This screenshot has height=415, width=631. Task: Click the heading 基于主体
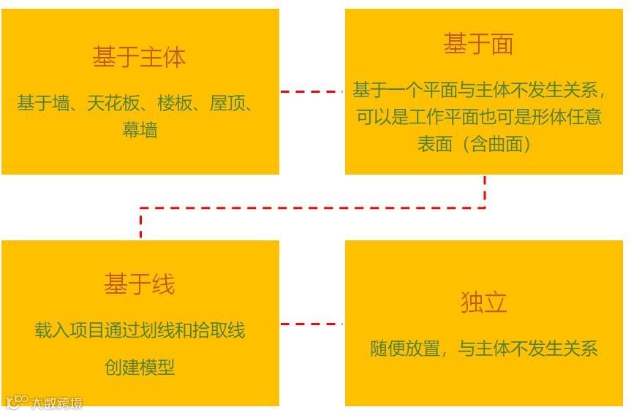point(139,57)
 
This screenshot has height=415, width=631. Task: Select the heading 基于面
point(478,45)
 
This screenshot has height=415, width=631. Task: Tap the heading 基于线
point(139,284)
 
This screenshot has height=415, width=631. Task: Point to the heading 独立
point(483,302)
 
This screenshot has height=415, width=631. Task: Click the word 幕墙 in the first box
point(140,131)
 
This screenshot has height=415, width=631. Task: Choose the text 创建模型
point(140,367)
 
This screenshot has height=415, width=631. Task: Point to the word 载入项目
point(69,330)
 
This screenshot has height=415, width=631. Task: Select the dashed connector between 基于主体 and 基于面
point(311,91)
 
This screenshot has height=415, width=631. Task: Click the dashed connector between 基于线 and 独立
point(311,324)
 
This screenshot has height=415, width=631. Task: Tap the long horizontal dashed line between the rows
point(312,208)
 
